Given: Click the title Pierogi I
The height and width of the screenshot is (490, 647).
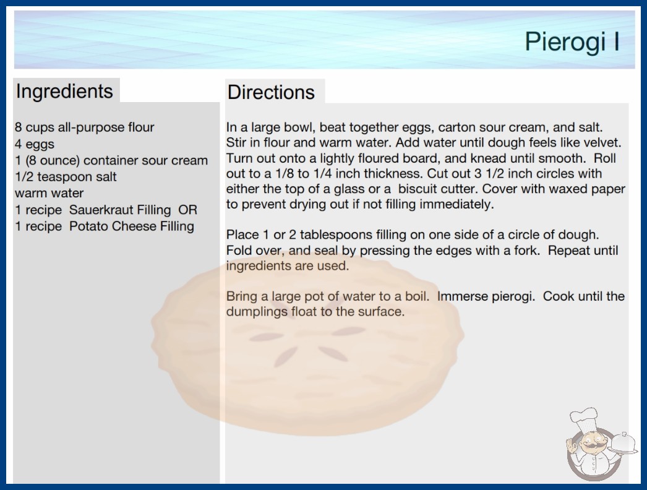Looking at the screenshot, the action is pyautogui.click(x=572, y=42).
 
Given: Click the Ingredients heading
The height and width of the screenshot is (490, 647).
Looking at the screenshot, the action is pyautogui.click(x=64, y=92).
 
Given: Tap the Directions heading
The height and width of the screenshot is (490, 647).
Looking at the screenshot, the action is pyautogui.click(x=271, y=92).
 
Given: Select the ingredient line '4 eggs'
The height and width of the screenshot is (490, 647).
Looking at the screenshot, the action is pyautogui.click(x=35, y=145).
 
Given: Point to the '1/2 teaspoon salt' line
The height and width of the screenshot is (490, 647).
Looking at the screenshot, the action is pyautogui.click(x=66, y=177).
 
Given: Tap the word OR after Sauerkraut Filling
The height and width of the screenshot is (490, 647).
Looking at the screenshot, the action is pyautogui.click(x=188, y=210).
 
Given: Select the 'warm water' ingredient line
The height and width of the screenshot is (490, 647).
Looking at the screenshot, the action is pyautogui.click(x=49, y=193).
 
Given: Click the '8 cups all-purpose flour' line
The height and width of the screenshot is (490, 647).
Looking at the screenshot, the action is pyautogui.click(x=84, y=127).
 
